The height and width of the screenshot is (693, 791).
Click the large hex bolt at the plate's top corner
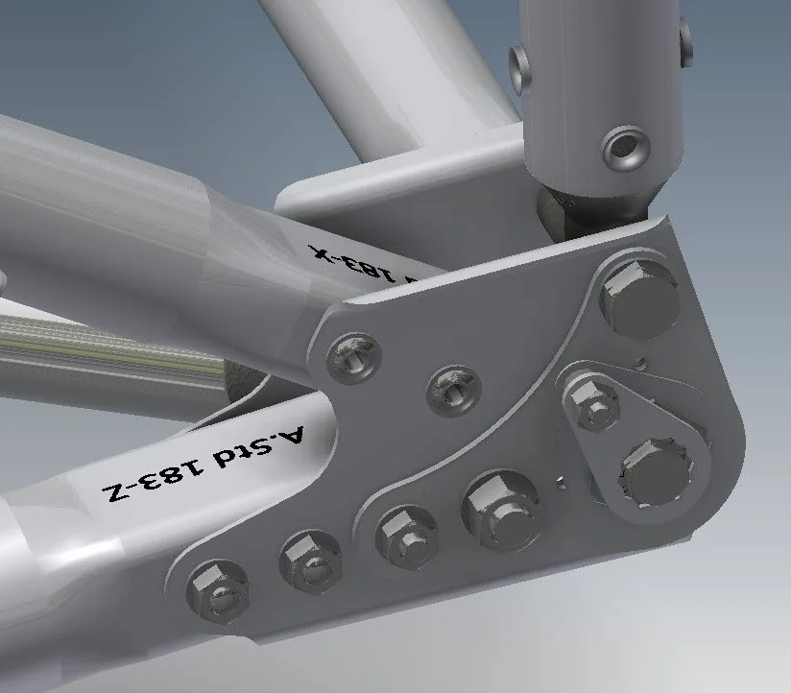point(638,296)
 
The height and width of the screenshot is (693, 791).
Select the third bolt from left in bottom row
point(401,534)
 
